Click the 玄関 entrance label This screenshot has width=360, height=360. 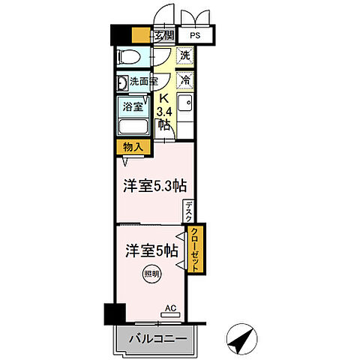tap(164, 35)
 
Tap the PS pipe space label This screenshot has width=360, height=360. tap(194, 35)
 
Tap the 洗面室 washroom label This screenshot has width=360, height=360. tap(142, 82)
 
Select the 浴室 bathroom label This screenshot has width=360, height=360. tap(133, 107)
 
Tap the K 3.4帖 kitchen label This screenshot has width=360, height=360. tap(162, 111)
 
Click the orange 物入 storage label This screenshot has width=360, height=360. tap(131, 147)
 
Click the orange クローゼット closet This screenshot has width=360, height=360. tap(194, 250)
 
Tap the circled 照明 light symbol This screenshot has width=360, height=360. tap(151, 274)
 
